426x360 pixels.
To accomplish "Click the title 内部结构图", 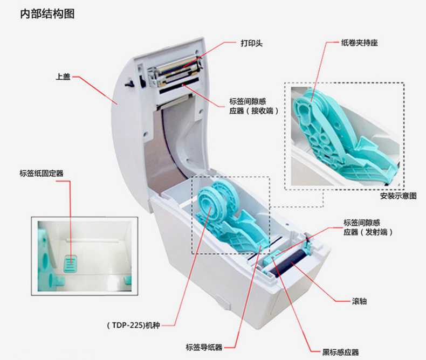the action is click(x=47, y=13).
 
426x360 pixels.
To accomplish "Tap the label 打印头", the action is click(x=252, y=43).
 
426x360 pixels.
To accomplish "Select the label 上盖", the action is click(x=63, y=77).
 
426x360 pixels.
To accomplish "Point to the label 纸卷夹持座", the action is click(x=360, y=43).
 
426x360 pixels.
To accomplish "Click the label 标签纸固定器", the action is click(x=42, y=173).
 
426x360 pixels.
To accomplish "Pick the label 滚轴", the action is click(x=359, y=301).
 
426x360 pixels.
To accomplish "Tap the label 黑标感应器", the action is click(x=340, y=352).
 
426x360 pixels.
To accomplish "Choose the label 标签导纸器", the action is click(x=204, y=347).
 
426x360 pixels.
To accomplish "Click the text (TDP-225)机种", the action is click(x=133, y=325).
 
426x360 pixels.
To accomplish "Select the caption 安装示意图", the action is click(x=398, y=196).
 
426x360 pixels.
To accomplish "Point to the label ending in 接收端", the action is click(x=254, y=106).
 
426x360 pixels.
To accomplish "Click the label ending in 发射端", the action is click(x=368, y=227).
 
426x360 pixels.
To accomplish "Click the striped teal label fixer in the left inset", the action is click(x=71, y=264).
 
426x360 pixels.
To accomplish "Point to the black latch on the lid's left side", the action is click(x=129, y=84).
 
